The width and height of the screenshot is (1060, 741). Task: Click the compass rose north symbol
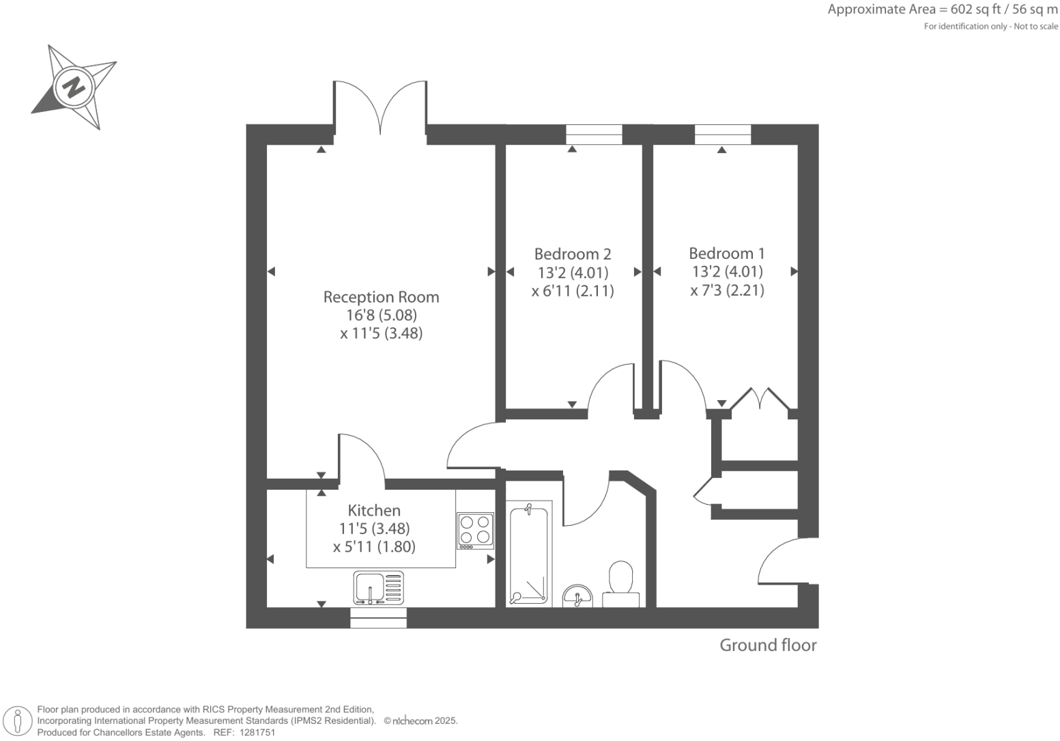74,87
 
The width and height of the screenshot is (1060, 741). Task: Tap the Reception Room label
381,297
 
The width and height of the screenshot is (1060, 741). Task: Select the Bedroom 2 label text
572,254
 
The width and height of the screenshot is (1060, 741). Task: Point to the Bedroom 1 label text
726,253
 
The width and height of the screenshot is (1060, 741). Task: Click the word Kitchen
374,510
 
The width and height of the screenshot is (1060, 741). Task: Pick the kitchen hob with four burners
475,531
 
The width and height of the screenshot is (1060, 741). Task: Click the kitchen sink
378,587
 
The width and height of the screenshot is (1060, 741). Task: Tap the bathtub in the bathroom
528,555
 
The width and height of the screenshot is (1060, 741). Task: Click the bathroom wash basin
578,596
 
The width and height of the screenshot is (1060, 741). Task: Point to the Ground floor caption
768,645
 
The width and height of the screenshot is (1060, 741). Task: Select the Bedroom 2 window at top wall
594,135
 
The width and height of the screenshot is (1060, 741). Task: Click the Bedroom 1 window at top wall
723,135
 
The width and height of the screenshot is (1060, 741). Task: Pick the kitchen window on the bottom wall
378,618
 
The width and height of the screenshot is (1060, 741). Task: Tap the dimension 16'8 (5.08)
381,316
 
